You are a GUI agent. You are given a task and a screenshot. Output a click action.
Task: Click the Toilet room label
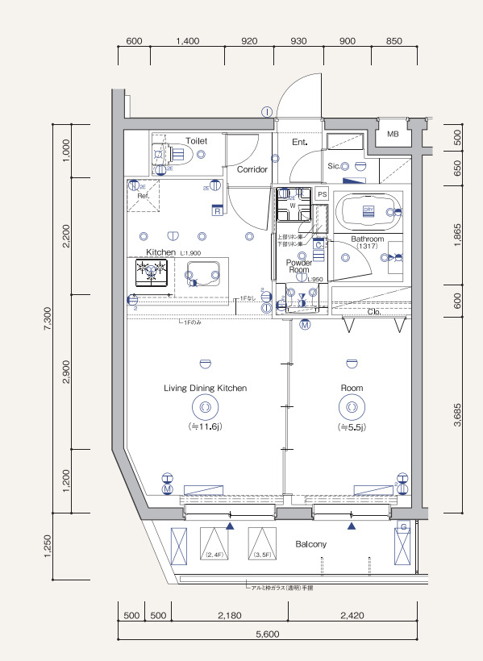click(196, 141)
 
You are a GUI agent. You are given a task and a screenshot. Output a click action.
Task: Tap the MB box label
click(393, 134)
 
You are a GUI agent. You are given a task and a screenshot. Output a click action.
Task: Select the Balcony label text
click(310, 544)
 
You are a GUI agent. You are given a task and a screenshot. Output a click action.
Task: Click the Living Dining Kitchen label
click(205, 388)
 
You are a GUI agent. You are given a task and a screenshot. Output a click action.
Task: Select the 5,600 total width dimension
click(267, 634)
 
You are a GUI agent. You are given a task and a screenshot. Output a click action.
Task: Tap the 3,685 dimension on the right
click(458, 411)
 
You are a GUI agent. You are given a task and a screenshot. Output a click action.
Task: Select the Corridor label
click(252, 170)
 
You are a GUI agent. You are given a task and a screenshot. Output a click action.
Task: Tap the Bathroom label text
click(367, 239)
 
